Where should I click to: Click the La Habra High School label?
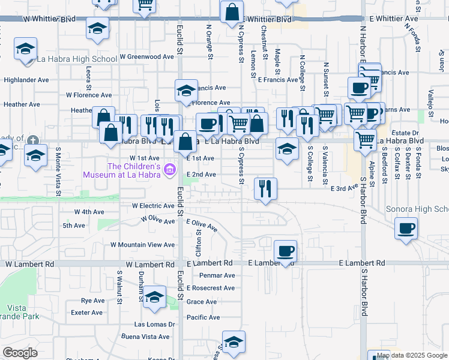[x=77, y=59]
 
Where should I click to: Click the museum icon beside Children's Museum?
[x=170, y=170]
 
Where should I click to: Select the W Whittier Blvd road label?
[x=50, y=19]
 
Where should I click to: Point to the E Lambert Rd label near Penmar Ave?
[x=209, y=263]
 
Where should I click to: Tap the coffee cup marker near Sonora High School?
[x=406, y=229]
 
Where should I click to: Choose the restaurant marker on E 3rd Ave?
[x=265, y=189]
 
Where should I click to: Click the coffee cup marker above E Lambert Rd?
[x=286, y=251]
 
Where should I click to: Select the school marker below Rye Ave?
[x=155, y=298]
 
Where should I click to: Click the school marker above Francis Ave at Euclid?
[x=187, y=91]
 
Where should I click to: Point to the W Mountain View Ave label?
[x=142, y=245]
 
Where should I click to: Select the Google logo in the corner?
[x=20, y=353]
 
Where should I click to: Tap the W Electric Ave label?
[x=153, y=205]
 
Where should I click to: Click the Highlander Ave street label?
[x=26, y=79]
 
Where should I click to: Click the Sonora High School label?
[x=423, y=209]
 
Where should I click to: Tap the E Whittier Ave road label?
[x=394, y=19]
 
